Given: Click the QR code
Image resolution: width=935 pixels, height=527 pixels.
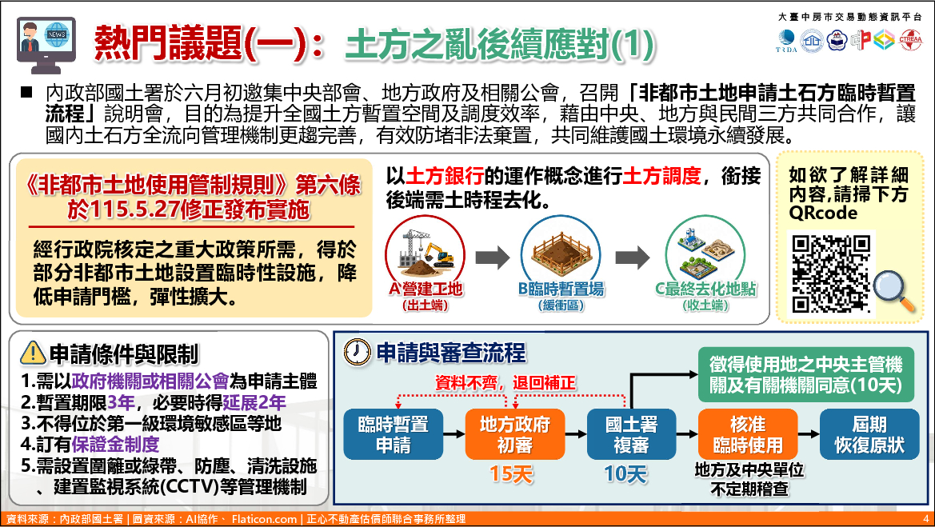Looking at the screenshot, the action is pos(831,273).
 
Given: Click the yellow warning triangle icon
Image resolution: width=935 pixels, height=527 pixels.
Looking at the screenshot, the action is pos(33,353).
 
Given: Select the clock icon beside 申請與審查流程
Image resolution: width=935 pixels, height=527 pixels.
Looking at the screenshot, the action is pos(358,352).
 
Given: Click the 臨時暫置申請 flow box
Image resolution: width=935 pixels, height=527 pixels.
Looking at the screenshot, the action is pos(394,434).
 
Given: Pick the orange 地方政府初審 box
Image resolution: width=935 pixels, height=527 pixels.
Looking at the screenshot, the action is pos(514,434).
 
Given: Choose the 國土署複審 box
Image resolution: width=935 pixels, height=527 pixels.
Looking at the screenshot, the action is pos(631,434).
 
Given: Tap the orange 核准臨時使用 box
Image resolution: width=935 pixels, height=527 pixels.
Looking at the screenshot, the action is pos(748,434).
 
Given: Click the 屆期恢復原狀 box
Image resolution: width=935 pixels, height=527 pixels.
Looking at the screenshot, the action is pos(869,434).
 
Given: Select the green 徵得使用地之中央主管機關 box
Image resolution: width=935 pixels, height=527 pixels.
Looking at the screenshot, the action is pos(805,374).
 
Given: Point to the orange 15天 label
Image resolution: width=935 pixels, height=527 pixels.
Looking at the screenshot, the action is pos(511,474).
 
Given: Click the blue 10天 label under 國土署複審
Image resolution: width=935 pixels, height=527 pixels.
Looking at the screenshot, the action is pos(625,474).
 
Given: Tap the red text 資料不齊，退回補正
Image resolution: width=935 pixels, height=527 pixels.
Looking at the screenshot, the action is pos(505,382).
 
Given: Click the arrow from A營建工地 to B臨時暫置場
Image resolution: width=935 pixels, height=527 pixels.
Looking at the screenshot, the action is pos(493,258).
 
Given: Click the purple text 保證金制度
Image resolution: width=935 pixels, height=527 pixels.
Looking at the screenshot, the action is pos(115,444).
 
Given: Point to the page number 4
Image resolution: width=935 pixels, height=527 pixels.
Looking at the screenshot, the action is pos(925,519).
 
